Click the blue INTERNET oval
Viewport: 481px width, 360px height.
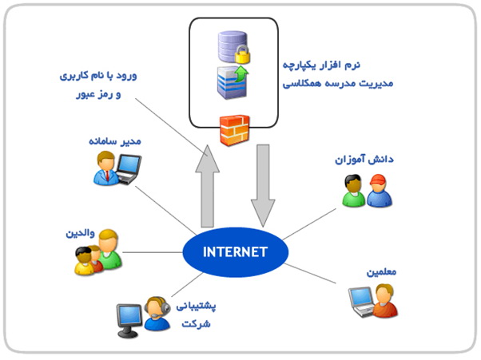[233, 253]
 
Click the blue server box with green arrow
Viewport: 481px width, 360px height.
[232, 83]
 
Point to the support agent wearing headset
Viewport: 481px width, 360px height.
[155, 315]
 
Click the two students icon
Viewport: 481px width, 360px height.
[367, 192]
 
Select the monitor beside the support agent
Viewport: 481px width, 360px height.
[128, 318]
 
